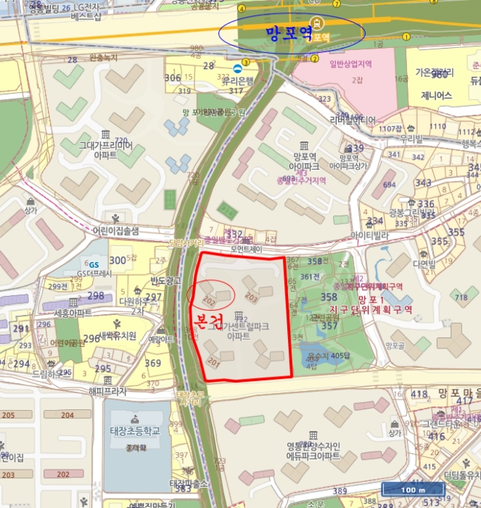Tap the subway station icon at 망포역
(x=315, y=22)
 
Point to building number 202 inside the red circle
(x=209, y=298)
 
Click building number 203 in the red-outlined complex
(x=252, y=297)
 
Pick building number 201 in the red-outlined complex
(x=213, y=361)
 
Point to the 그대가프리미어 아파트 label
(x=106, y=149)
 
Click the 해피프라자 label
(x=107, y=390)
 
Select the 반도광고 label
(x=164, y=280)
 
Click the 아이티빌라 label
(x=370, y=235)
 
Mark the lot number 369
(x=153, y=364)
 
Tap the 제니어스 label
(x=436, y=95)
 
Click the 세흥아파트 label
(x=73, y=313)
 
